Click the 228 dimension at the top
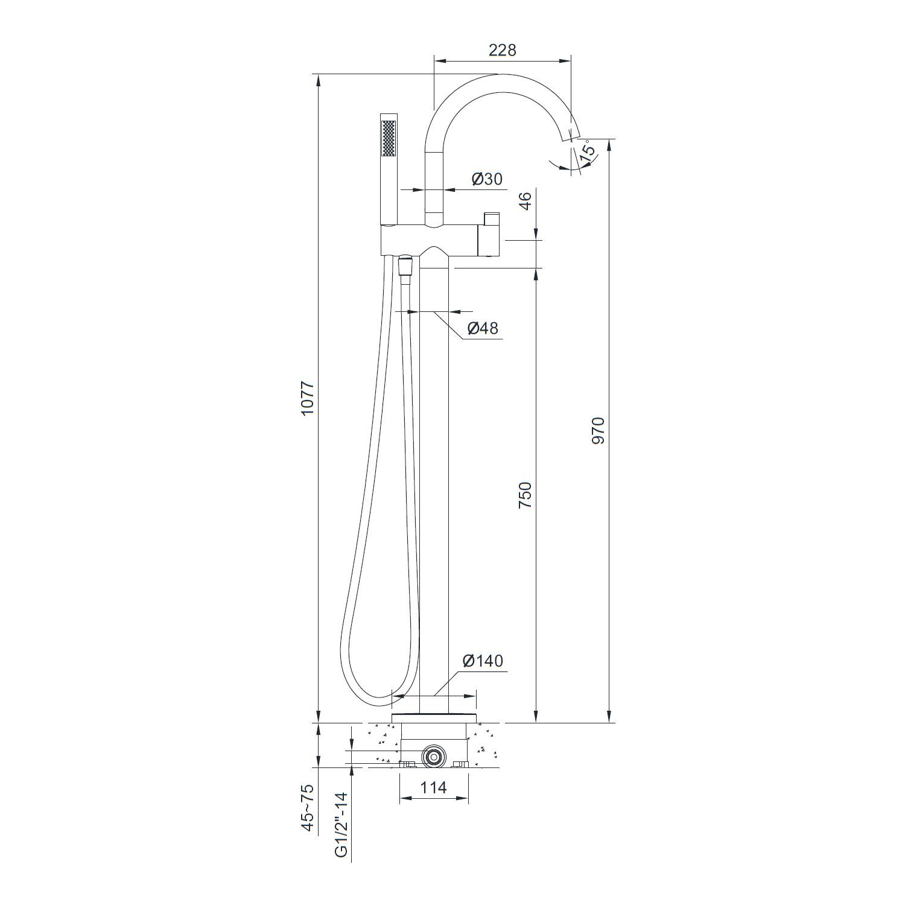click(502, 49)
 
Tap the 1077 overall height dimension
click(308, 398)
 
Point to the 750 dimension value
click(525, 494)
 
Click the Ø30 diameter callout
click(487, 179)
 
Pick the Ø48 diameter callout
click(483, 328)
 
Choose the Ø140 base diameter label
click(483, 661)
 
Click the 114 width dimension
click(433, 787)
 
